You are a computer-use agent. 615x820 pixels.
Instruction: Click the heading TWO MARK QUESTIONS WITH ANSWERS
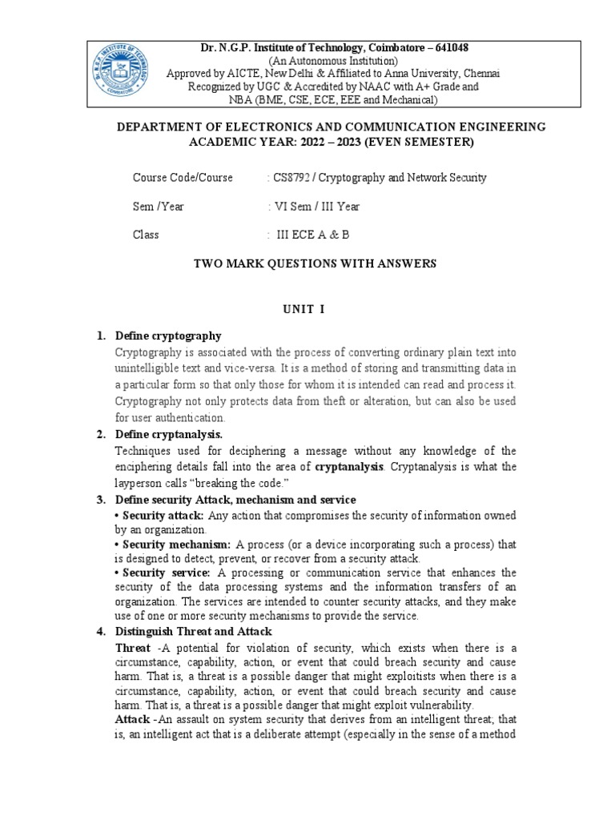click(x=307, y=263)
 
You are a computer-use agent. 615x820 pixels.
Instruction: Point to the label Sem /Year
click(x=159, y=206)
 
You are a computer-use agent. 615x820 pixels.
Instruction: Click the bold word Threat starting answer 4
click(x=133, y=647)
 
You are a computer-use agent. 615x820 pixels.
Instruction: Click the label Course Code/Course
click(x=183, y=177)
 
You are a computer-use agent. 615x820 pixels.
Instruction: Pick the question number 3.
click(x=101, y=500)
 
